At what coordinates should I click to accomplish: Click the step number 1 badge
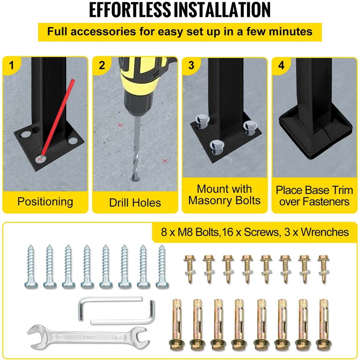(11, 65)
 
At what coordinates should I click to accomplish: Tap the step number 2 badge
(102, 65)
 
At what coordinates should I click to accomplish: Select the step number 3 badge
(191, 65)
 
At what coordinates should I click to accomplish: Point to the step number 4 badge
(281, 65)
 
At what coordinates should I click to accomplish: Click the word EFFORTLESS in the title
(130, 10)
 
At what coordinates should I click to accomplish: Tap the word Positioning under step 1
(45, 202)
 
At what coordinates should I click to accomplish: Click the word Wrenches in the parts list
(325, 232)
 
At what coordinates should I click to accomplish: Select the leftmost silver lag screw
(31, 267)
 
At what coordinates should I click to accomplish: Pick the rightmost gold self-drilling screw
(324, 269)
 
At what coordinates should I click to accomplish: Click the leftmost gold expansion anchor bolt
(177, 325)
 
